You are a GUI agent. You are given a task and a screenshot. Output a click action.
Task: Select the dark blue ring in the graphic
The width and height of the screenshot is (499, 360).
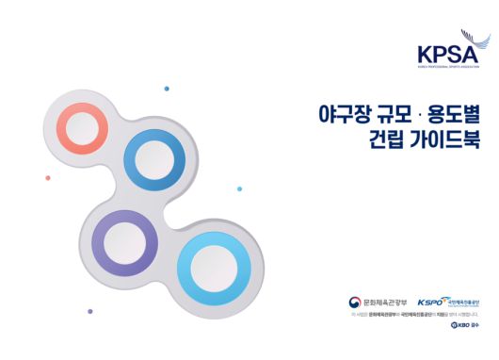[x=146, y=157]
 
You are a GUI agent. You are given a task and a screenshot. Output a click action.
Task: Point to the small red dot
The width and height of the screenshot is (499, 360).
[x=48, y=177]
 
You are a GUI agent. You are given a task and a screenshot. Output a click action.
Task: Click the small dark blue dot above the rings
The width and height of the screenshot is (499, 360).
[x=167, y=89]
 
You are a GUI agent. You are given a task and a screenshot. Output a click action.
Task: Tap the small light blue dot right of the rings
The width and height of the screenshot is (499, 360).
[x=239, y=188]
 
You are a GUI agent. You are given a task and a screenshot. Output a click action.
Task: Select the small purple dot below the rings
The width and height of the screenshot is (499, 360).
[x=90, y=310]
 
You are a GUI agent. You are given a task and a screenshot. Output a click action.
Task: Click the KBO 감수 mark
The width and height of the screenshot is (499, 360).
[x=465, y=326]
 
